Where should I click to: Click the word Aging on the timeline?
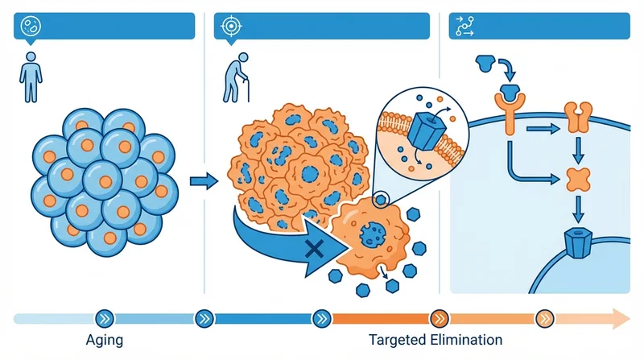point(104,340)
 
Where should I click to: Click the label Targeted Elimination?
point(435,340)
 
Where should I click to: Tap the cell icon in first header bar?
point(29,26)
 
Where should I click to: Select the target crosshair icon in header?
point(231,26)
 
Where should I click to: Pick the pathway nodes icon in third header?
point(464,26)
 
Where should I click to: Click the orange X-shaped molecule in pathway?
point(576,179)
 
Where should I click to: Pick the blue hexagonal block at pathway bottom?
point(576,241)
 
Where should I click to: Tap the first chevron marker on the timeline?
point(104,318)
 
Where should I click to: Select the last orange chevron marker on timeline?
point(545,318)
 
